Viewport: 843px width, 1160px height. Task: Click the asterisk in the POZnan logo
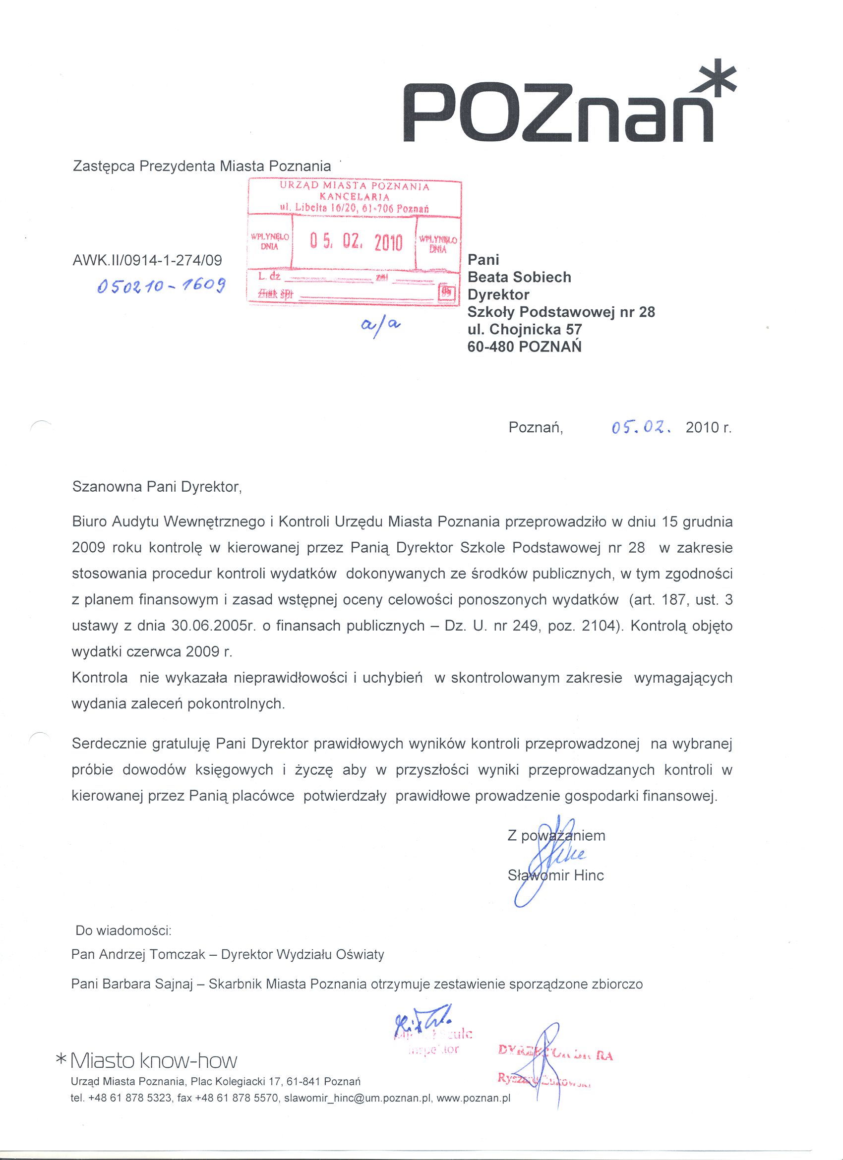[x=715, y=80]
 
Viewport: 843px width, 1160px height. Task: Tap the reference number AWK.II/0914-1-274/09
[x=148, y=260]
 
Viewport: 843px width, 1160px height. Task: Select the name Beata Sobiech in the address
[x=519, y=277]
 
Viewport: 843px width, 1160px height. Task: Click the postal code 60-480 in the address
[x=491, y=347]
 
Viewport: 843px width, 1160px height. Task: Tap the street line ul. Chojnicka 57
[x=525, y=329]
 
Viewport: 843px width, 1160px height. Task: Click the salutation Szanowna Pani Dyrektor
[x=157, y=486]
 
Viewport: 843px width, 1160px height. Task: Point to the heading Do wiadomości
[x=123, y=930]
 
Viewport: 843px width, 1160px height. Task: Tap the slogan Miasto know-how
[x=153, y=1061]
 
